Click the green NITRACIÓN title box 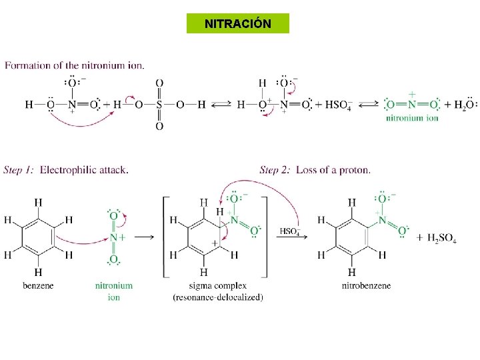pos(238,23)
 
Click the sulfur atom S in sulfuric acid pos(159,105)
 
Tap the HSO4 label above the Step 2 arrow pos(290,231)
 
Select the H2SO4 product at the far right pos(442,238)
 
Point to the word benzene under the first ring pos(38,285)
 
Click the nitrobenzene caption pos(366,285)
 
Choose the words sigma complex pos(217,286)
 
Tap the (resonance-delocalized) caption pos(217,297)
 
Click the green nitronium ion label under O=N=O pos(412,118)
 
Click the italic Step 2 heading pos(275,170)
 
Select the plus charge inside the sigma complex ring pos(215,243)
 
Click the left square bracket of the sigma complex pos(165,237)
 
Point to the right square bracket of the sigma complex pos(266,237)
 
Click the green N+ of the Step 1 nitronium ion pos(117,237)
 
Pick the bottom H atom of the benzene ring pos(38,272)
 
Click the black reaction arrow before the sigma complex pos(144,237)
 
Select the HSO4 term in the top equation pos(339,105)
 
